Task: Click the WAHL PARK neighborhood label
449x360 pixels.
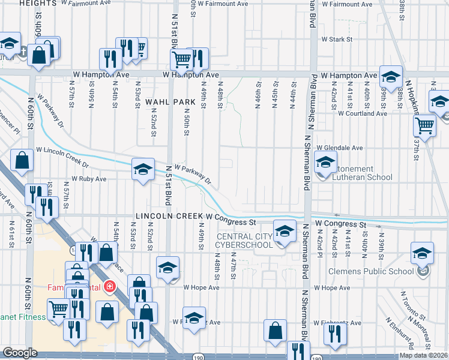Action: pos(170,103)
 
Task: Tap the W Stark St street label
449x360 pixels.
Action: pos(336,40)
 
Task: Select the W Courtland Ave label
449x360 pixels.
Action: pos(363,113)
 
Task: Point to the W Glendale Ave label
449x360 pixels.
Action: pos(340,148)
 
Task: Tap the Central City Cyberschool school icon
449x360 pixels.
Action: pos(285,231)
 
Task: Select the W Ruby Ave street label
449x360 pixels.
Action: pos(89,179)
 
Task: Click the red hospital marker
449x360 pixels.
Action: pos(109,286)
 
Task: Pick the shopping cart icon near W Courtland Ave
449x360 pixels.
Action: pos(424,126)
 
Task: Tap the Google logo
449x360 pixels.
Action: pos(20,353)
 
